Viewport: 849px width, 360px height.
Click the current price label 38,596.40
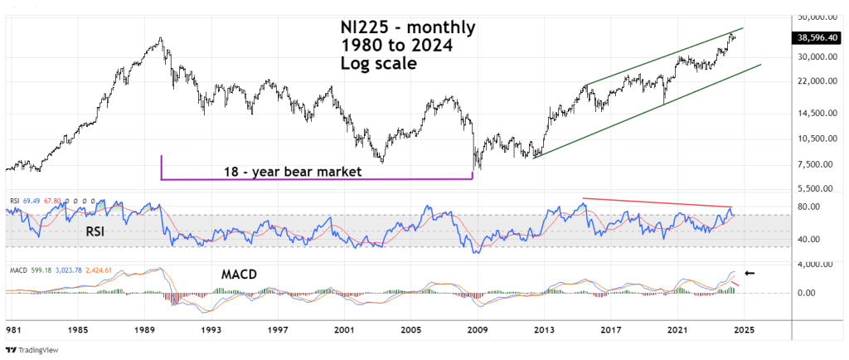pos(817,36)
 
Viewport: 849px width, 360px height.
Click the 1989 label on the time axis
pos(145,328)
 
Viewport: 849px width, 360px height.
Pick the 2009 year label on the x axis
pos(477,328)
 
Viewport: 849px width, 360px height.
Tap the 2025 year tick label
pos(742,328)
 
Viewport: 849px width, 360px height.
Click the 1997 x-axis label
pos(278,328)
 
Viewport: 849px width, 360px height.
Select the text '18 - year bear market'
pos(294,172)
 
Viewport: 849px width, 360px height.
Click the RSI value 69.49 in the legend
pos(31,201)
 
